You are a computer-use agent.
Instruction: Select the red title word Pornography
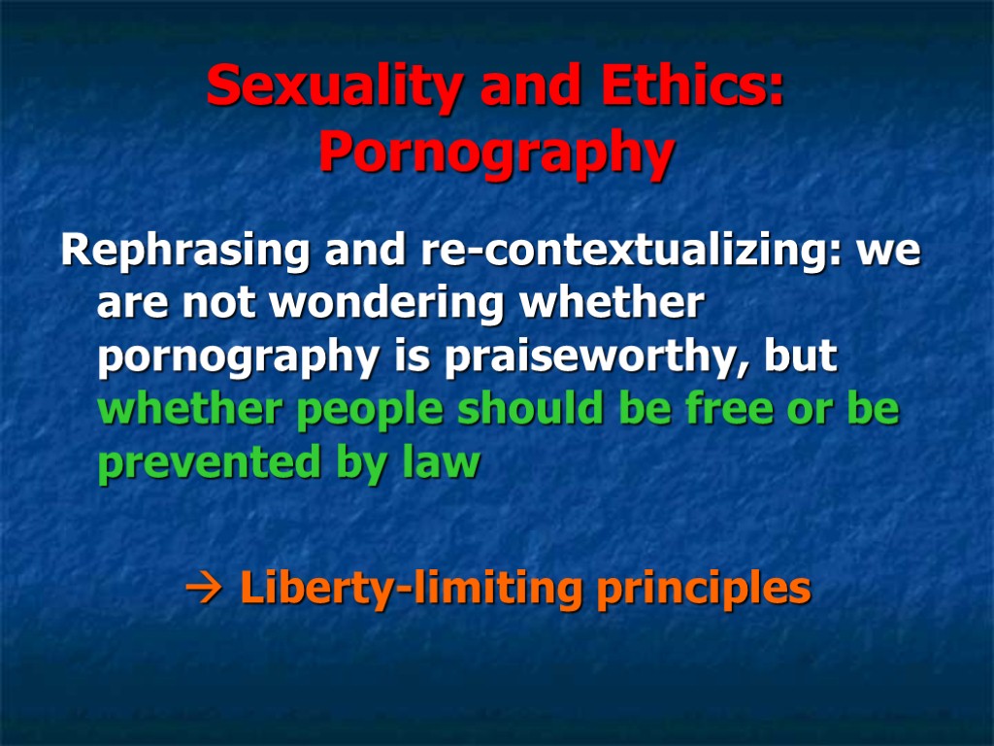[496, 153]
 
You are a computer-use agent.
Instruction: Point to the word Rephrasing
[184, 252]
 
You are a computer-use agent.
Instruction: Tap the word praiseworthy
[597, 358]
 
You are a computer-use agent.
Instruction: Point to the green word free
[692, 411]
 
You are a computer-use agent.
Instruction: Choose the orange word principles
[704, 589]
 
